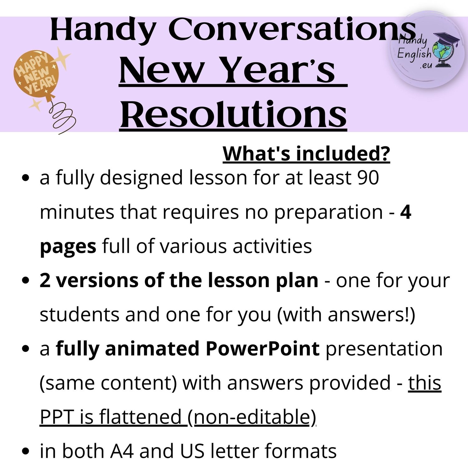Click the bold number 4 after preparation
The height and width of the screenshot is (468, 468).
pos(406,212)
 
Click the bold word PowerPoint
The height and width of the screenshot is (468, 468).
pos(262,349)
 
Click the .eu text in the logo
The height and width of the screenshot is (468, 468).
pos(426,66)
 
